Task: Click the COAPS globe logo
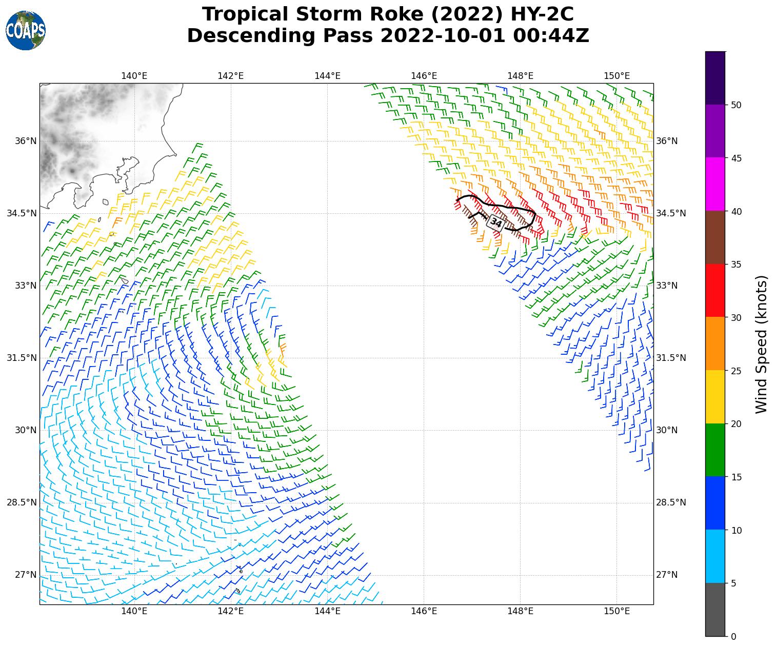click(26, 30)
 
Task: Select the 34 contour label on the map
click(496, 222)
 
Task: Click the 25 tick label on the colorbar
click(737, 371)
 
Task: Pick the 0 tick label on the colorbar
click(733, 637)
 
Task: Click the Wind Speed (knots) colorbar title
click(762, 344)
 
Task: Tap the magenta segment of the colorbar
click(715, 184)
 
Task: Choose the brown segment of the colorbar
click(715, 237)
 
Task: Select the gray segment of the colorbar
click(715, 610)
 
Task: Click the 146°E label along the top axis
click(424, 76)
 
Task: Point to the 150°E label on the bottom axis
click(616, 611)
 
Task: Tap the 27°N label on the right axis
click(667, 575)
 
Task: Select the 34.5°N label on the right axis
click(671, 213)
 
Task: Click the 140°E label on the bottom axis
click(134, 611)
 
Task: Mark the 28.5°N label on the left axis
click(22, 502)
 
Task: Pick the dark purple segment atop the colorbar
click(715, 78)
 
